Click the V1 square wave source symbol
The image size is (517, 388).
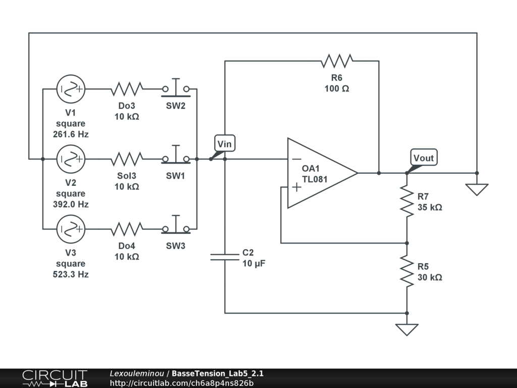pos(71,89)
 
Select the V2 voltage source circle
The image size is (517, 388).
pos(71,159)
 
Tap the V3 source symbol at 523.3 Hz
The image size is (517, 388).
pos(71,229)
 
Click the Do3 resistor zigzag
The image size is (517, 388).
pos(127,89)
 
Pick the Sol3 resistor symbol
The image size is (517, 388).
pos(127,159)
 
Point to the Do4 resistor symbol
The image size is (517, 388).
pos(127,229)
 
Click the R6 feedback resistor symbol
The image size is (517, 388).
pos(337,61)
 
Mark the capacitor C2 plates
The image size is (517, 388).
pos(225,257)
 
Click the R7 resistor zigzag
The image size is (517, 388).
pos(407,200)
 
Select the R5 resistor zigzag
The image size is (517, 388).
pos(407,270)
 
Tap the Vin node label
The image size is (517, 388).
pos(224,144)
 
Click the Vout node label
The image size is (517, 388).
pos(424,158)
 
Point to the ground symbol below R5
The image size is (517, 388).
pos(407,329)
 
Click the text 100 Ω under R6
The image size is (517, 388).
pos(337,88)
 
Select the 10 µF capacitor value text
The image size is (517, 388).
pos(254,263)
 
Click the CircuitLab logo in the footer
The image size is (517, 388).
pos(55,378)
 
